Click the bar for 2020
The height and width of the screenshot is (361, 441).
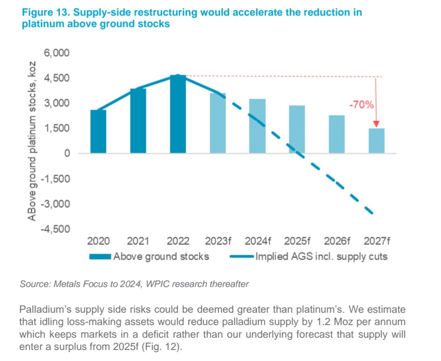point(98,131)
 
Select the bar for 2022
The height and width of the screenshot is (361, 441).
point(178,114)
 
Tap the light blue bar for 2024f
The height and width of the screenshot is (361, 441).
point(257,126)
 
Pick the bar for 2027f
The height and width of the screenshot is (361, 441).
point(376,141)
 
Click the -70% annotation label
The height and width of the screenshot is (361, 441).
point(361,105)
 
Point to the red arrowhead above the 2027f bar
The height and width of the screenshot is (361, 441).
point(376,123)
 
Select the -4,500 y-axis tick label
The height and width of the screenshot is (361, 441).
point(55,229)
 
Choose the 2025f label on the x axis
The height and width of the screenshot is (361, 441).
point(297,241)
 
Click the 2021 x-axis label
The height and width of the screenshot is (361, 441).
point(138,241)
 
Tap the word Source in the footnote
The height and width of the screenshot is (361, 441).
point(33,284)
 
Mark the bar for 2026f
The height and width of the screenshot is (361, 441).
point(337,134)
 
